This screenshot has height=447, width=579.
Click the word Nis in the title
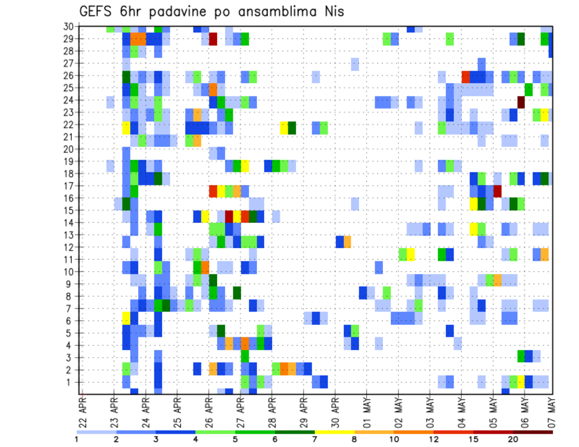(x=332, y=11)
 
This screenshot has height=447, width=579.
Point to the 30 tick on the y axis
(x=70, y=27)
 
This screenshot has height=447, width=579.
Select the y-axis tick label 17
(x=70, y=186)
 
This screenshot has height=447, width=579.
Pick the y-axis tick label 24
(x=70, y=100)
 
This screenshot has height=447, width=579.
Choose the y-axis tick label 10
(x=70, y=272)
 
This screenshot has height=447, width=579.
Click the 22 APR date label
(x=83, y=409)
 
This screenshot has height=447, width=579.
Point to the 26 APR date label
(x=209, y=409)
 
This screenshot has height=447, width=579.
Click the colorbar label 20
(x=513, y=440)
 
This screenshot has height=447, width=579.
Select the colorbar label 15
(x=473, y=440)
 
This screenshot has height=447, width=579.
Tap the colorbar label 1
(x=77, y=440)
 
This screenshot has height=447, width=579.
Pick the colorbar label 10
(x=394, y=440)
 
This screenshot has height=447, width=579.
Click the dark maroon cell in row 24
(x=521, y=101)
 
